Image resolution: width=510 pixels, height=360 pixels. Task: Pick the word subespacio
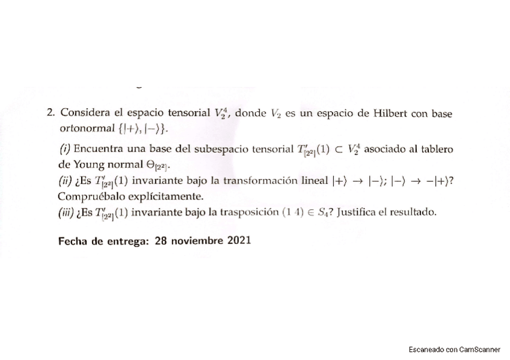point(231,148)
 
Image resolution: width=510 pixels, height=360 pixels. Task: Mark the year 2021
point(239,240)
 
